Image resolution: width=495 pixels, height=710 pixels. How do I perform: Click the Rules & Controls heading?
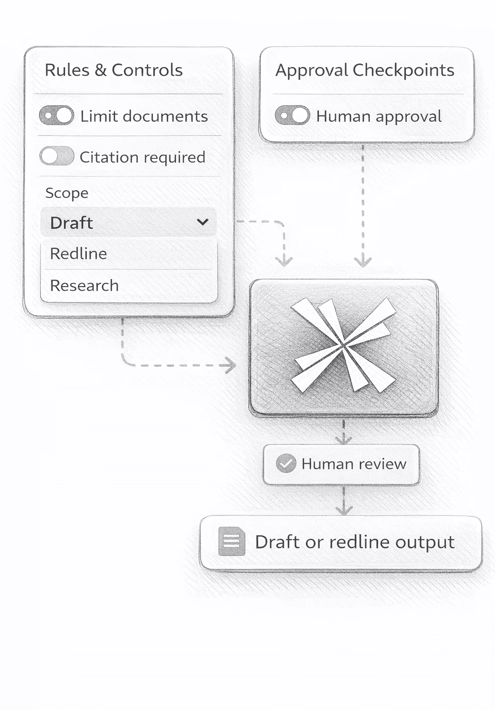tap(113, 70)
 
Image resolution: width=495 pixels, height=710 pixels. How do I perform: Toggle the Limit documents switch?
tap(56, 116)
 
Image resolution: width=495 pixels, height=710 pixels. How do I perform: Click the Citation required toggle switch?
tap(56, 156)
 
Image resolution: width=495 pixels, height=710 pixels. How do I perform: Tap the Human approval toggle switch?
tap(292, 116)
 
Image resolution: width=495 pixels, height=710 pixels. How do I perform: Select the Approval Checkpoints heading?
tap(364, 70)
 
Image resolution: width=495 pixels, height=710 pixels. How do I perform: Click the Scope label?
tap(67, 193)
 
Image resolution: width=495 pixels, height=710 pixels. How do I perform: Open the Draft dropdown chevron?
tap(203, 222)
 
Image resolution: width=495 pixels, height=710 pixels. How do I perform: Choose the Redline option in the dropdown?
tap(79, 253)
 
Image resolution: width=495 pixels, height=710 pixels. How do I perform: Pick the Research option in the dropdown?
tap(84, 286)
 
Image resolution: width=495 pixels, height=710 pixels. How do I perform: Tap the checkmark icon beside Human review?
tap(286, 463)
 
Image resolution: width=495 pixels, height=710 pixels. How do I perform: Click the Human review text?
tap(353, 464)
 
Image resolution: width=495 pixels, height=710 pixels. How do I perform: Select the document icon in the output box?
tap(231, 541)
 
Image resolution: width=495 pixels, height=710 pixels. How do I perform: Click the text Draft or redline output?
tap(354, 542)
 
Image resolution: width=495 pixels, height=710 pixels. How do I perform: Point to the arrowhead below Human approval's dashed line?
tap(362, 261)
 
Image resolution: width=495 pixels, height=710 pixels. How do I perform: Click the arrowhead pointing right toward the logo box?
tap(231, 365)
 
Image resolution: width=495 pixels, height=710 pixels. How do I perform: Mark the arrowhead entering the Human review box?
tap(343, 440)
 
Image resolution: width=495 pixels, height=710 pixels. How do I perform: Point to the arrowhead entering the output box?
tap(344, 510)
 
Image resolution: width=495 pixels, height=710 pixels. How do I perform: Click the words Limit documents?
tap(144, 116)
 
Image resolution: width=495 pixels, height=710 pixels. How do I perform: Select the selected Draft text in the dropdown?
tap(72, 223)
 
